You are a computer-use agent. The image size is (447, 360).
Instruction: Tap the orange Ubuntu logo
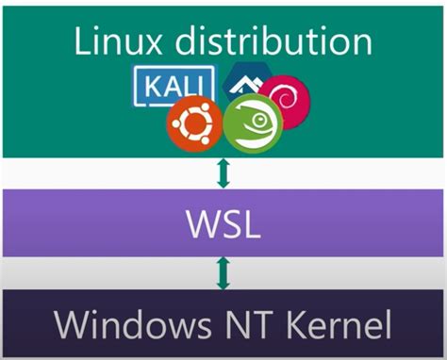195,124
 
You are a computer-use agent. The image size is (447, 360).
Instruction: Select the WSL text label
223,227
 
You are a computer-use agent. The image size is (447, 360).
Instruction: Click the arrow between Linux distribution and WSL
223,172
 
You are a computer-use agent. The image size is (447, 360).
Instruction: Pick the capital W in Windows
72,325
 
